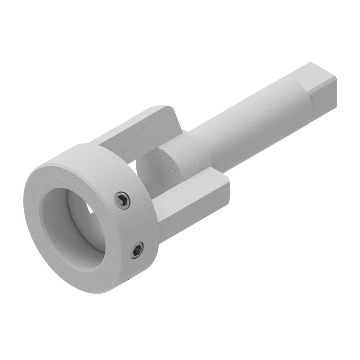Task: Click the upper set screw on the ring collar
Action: pyautogui.click(x=122, y=201)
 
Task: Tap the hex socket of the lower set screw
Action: pyautogui.click(x=137, y=250)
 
